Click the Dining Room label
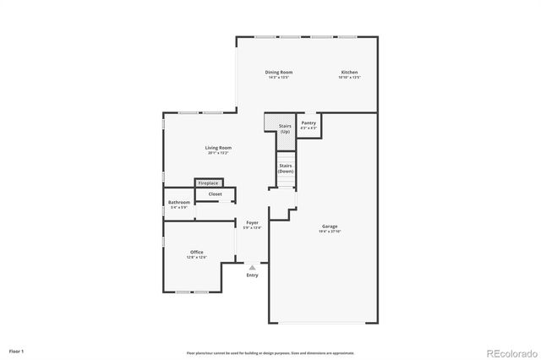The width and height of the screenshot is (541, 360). coord(279,73)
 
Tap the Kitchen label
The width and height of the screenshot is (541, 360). coord(350,73)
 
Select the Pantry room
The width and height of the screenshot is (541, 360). coord(309,124)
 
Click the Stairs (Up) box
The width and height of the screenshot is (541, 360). coord(285,128)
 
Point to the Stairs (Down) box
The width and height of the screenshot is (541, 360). coord(286,168)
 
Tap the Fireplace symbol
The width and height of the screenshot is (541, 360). coord(208,183)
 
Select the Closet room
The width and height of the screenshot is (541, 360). coord(215,194)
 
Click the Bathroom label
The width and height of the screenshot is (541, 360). coord(179,202)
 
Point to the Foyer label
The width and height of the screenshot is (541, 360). coord(252,222)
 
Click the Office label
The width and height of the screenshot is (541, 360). coord(196,252)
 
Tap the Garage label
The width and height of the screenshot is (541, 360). coord(330,226)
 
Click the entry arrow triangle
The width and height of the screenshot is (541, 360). coord(252,268)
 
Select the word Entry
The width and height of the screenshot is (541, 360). coord(252,275)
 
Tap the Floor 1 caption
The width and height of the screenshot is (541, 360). coord(17,351)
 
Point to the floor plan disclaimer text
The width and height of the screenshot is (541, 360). coord(270,352)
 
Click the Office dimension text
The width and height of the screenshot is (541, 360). coord(196,257)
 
